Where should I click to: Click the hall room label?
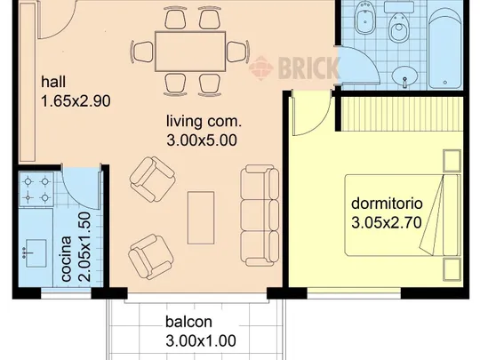click(x=53, y=82)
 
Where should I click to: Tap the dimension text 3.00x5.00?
click(x=202, y=140)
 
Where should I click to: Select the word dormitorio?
click(x=387, y=204)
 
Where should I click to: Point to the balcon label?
click(x=188, y=322)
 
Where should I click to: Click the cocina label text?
click(x=67, y=259)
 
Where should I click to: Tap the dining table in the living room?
click(x=190, y=52)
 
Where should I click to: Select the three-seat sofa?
click(x=260, y=215)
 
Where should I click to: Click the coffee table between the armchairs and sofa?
click(x=201, y=218)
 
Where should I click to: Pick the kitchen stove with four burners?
click(x=36, y=189)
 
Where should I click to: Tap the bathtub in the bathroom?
click(x=444, y=48)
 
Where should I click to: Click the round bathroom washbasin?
click(x=404, y=76)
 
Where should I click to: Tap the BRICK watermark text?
click(x=308, y=68)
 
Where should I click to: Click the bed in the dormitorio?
click(x=403, y=215)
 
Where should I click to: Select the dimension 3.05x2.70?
click(x=387, y=222)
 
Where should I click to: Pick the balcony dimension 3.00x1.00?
click(x=201, y=340)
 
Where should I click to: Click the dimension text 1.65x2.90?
click(x=76, y=101)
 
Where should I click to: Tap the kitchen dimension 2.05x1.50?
click(x=84, y=247)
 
